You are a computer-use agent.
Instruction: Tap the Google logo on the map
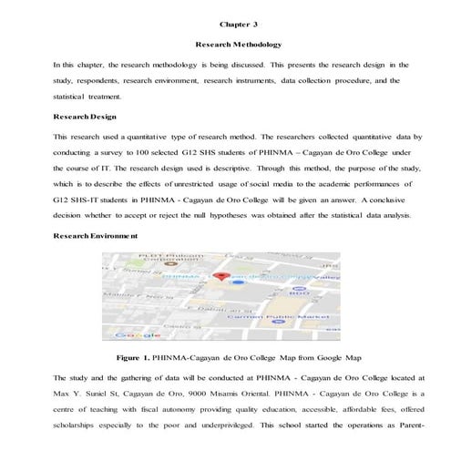[x=134, y=334]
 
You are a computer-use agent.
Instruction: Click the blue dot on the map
[x=238, y=283]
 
